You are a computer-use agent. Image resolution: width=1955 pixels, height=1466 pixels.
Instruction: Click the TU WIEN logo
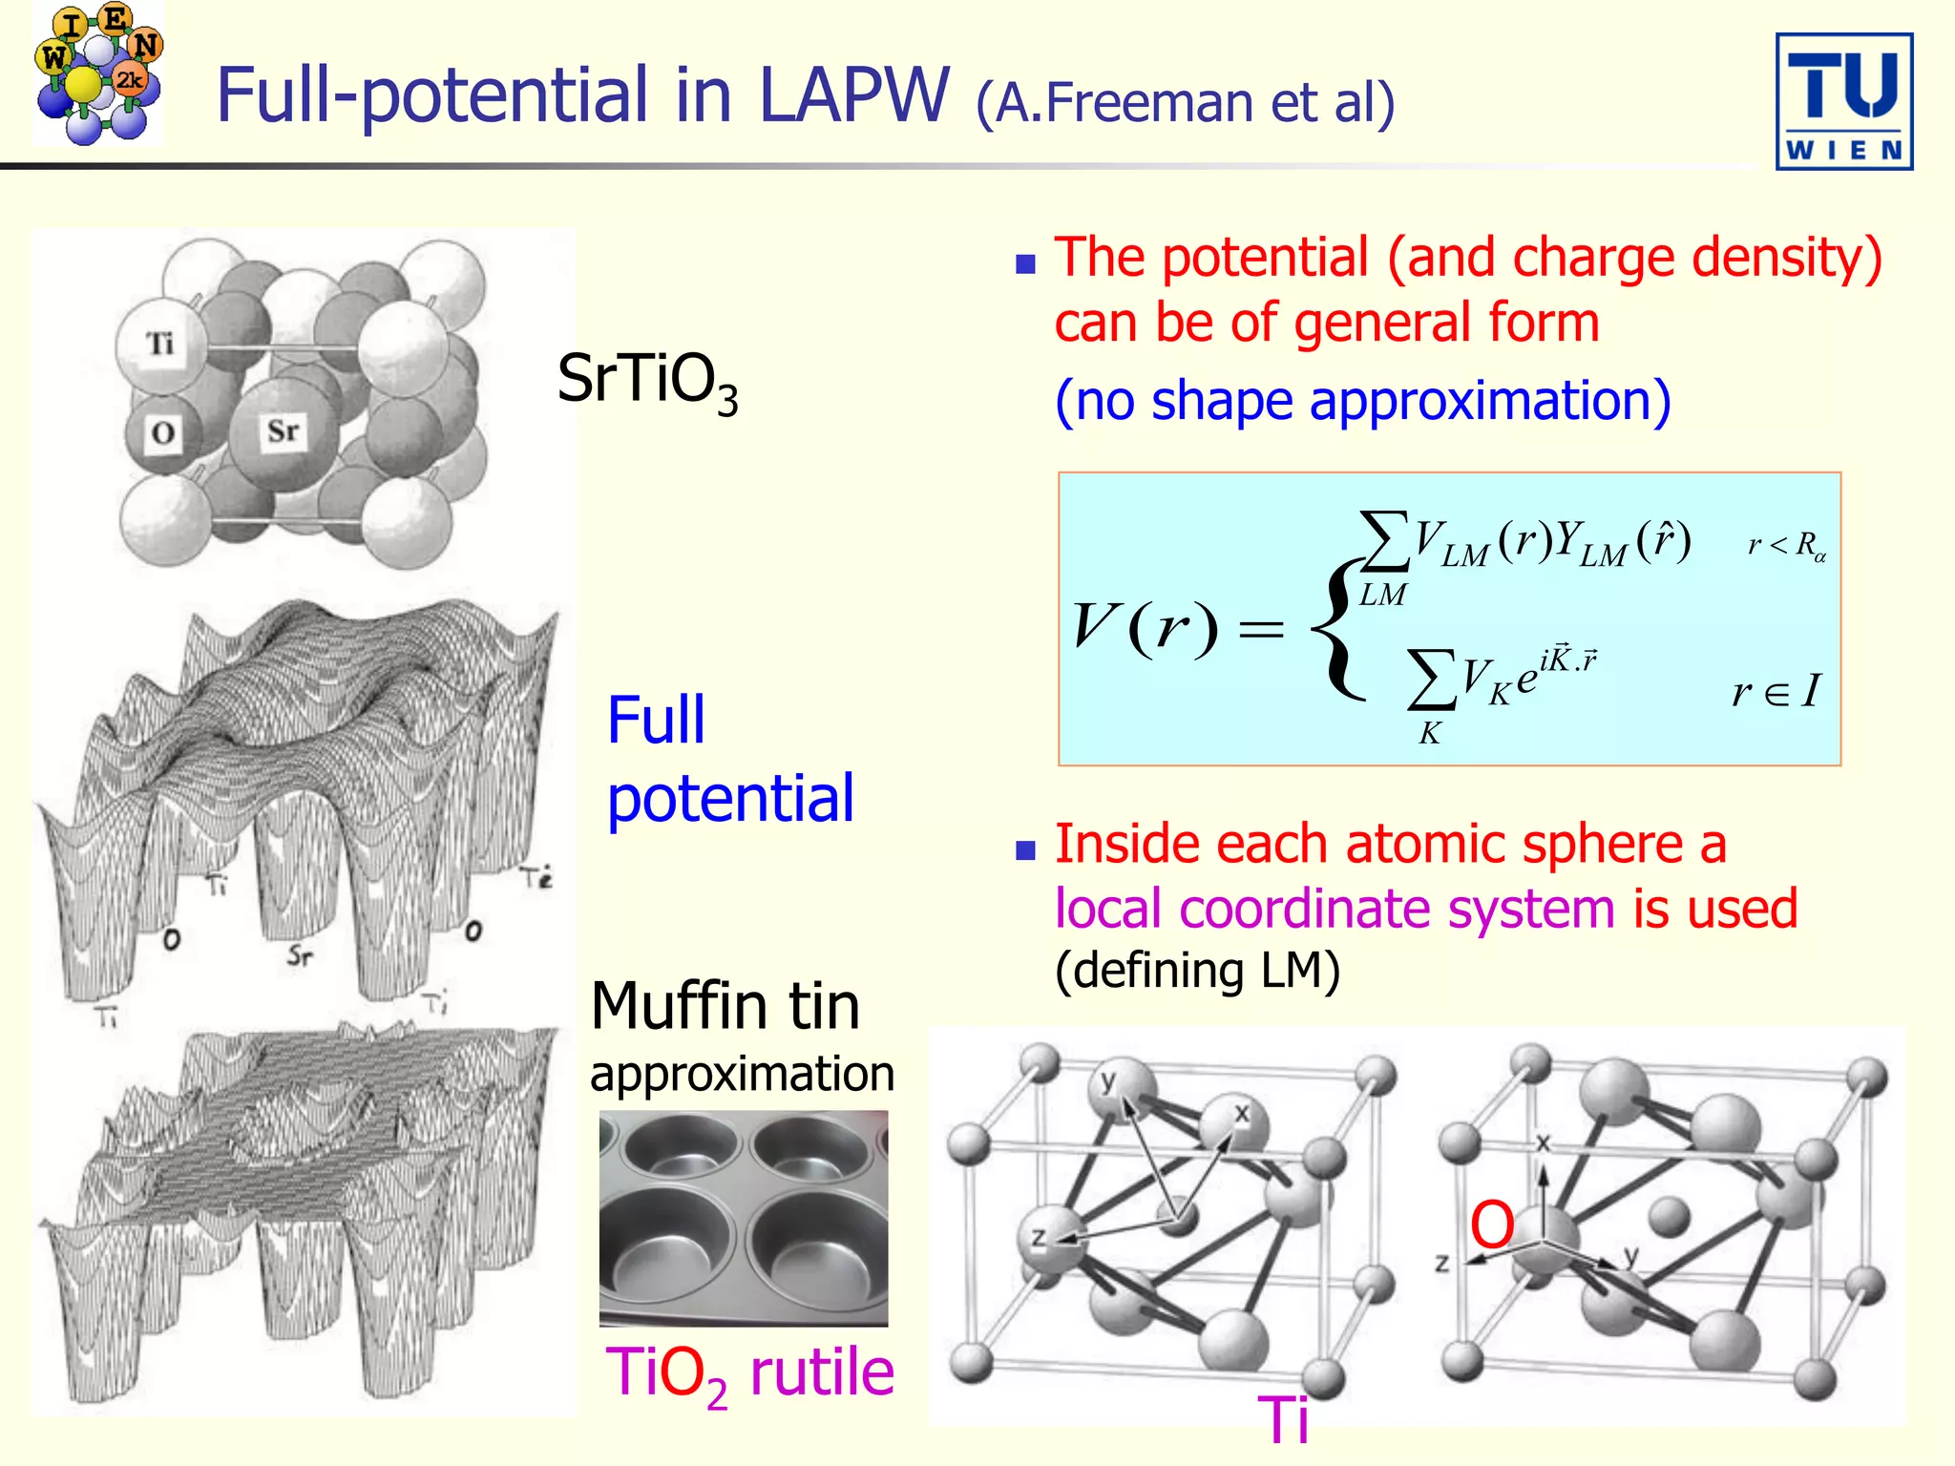(x=1843, y=102)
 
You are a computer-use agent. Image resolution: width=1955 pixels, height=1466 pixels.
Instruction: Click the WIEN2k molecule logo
(x=97, y=73)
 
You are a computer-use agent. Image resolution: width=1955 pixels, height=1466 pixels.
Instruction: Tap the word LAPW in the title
(x=854, y=95)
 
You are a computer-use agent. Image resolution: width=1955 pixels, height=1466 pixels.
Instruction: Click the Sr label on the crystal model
(x=283, y=430)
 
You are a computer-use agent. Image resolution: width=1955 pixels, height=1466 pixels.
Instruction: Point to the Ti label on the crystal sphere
(x=159, y=343)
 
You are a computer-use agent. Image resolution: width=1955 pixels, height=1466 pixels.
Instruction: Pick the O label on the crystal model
(x=162, y=433)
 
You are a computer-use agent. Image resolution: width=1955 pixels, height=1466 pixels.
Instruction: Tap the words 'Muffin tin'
(x=725, y=1006)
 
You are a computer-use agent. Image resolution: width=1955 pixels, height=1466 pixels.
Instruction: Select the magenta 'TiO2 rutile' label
(x=749, y=1374)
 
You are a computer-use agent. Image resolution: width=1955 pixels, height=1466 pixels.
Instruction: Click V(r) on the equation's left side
(x=1145, y=628)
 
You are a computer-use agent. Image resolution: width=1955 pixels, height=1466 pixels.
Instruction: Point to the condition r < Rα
(x=1786, y=546)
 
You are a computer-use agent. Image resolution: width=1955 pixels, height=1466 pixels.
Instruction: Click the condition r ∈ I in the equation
(x=1776, y=690)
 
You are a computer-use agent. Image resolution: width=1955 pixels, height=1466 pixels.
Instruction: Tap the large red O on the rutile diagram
(x=1491, y=1225)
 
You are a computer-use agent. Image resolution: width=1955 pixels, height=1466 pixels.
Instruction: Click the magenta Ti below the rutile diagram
(x=1283, y=1420)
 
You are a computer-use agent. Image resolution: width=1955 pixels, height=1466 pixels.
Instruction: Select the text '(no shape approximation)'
(x=1362, y=400)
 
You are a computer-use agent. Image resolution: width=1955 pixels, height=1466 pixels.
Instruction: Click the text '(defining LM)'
(x=1197, y=971)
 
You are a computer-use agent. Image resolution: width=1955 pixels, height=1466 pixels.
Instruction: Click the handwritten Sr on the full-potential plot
(x=300, y=954)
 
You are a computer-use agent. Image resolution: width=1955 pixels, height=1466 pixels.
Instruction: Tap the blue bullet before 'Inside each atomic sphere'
(x=1025, y=849)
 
